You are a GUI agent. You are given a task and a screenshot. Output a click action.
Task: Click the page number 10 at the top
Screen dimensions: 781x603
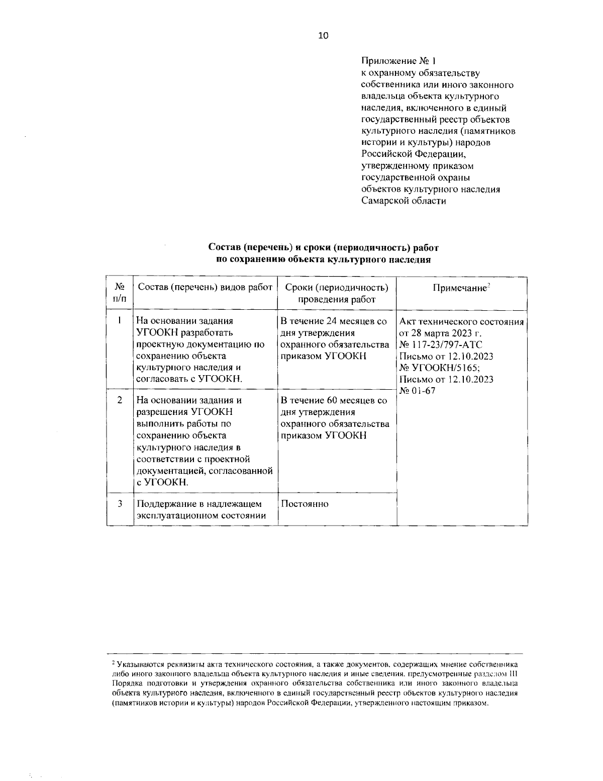pyautogui.click(x=323, y=35)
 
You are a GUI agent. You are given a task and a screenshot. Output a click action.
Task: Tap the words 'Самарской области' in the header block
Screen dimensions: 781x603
pyautogui.click(x=404, y=201)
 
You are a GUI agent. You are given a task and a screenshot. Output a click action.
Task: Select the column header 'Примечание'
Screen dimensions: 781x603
pyautogui.click(x=461, y=288)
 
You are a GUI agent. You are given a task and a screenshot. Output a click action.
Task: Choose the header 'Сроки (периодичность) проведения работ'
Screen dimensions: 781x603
pyautogui.click(x=337, y=293)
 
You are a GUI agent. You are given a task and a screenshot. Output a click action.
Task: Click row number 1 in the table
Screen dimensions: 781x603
pyautogui.click(x=120, y=319)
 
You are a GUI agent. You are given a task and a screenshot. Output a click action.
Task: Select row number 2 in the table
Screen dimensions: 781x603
pyautogui.click(x=120, y=400)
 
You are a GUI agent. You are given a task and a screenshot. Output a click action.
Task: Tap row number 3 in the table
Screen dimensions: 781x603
pyautogui.click(x=120, y=503)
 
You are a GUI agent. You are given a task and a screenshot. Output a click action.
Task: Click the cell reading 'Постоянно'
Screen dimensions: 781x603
pyautogui.click(x=305, y=504)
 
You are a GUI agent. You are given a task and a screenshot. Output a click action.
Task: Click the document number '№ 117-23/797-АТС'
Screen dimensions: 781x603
pyautogui.click(x=441, y=345)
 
